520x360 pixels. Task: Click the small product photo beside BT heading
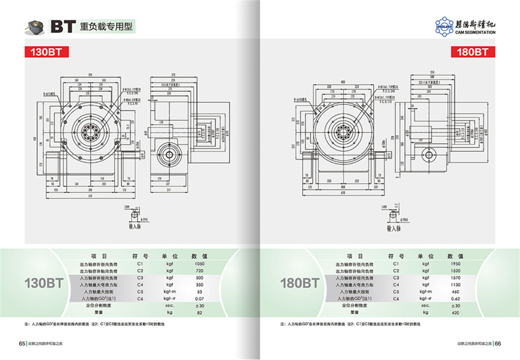[34, 27]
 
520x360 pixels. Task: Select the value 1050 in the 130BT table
[199, 263]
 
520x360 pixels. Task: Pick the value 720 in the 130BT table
[199, 270]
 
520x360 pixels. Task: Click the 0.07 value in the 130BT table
[199, 298]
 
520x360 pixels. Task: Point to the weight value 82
[199, 312]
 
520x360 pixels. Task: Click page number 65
[21, 343]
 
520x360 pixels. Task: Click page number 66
[498, 343]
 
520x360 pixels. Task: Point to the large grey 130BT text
[43, 283]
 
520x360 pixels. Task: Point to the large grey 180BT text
[299, 283]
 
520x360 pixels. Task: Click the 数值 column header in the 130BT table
[199, 255]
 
